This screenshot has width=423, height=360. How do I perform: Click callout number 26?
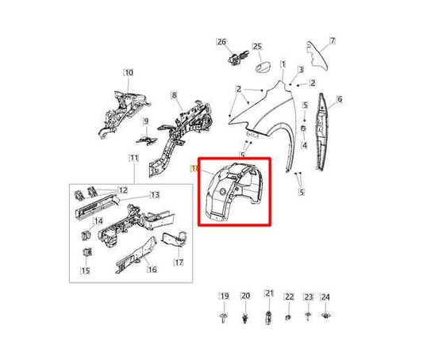(x=221, y=42)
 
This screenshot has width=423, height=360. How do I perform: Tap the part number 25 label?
(x=257, y=48)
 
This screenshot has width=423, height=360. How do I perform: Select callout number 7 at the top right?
(x=333, y=40)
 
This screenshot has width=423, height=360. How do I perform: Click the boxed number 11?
(x=133, y=160)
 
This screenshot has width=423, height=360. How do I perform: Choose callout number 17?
(x=179, y=262)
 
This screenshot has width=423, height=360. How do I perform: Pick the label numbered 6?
(x=339, y=99)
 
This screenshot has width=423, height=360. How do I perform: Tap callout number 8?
(x=174, y=97)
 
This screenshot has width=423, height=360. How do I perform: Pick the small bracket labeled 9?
(x=145, y=136)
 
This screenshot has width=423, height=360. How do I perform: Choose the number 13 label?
(x=156, y=195)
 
